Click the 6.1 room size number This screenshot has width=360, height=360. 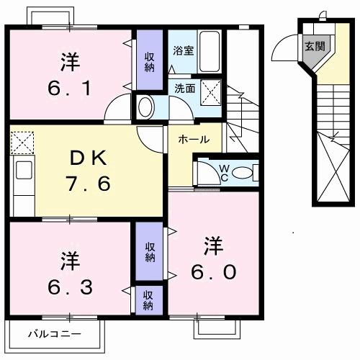tap(70, 90)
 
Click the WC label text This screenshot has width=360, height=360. tap(223, 172)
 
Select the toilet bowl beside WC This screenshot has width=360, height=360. tap(243, 173)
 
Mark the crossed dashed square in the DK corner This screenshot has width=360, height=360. tap(22, 141)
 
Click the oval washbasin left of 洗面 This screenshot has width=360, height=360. tap(144, 108)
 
